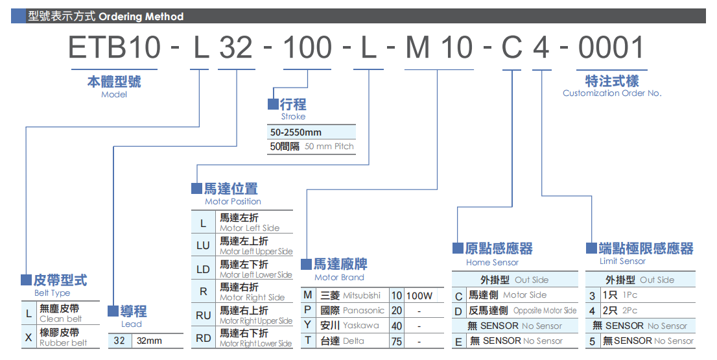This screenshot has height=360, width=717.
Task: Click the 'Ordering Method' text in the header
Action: click(141, 17)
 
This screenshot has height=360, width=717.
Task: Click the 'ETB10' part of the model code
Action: click(114, 49)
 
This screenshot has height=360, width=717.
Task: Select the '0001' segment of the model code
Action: click(611, 49)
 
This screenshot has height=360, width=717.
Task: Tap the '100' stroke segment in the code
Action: click(308, 49)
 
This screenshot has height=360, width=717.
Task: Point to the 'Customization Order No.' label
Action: click(612, 93)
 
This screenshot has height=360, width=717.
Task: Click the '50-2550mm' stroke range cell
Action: click(296, 132)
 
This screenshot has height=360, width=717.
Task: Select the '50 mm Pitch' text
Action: click(329, 147)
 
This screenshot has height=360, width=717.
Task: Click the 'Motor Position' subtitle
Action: click(233, 202)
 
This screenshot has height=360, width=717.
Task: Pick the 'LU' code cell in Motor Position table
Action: click(203, 246)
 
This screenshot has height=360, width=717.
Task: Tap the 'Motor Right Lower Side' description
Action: click(256, 344)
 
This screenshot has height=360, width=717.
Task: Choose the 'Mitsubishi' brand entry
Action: click(362, 296)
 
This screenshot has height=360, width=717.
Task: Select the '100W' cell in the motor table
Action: click(419, 296)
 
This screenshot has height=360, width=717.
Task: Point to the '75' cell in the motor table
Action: click(397, 341)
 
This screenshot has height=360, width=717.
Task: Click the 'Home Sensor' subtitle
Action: click(492, 263)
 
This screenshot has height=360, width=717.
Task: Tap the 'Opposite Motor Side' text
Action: click(545, 311)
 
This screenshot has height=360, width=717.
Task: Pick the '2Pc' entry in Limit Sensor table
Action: click(629, 311)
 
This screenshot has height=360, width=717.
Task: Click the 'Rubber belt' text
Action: click(63, 343)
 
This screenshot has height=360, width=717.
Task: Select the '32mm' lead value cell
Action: click(149, 341)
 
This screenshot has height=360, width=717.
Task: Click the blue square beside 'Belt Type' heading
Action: click(26, 280)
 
